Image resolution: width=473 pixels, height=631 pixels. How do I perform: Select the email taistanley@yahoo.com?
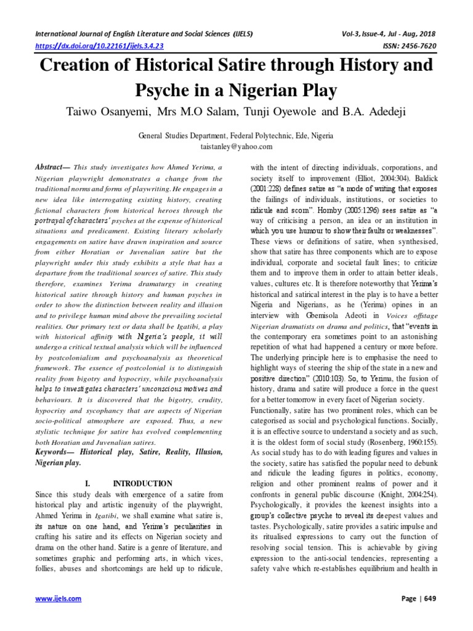click(x=236, y=147)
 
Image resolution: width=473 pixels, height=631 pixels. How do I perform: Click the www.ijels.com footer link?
click(x=54, y=598)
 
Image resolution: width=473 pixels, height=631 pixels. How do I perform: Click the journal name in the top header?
click(x=144, y=33)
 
